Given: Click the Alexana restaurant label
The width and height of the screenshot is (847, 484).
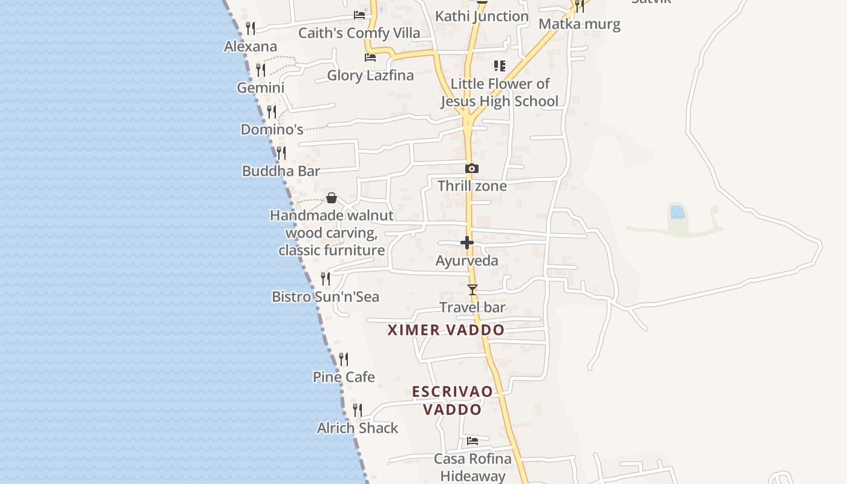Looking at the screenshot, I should (250, 47).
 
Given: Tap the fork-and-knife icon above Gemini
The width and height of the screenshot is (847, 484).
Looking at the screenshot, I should (261, 70).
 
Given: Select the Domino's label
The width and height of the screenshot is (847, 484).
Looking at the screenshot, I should (272, 129).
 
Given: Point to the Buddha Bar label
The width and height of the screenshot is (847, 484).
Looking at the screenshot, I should (281, 171).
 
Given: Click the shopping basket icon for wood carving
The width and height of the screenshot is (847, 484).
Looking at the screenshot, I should (332, 198).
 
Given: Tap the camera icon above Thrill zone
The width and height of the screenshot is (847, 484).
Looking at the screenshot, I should (472, 169).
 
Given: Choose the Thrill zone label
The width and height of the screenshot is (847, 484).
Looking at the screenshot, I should (472, 186).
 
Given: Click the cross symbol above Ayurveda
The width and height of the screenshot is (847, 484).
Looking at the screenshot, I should (467, 243).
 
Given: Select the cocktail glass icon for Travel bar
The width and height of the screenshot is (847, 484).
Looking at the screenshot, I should (473, 290).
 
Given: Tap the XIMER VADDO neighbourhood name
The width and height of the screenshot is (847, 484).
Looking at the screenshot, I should (446, 330).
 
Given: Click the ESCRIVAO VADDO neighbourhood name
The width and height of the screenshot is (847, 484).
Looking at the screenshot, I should (453, 401).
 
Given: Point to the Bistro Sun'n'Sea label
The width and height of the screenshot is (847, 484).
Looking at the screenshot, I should (325, 297).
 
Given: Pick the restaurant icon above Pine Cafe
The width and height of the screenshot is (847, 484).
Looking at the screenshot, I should (344, 359).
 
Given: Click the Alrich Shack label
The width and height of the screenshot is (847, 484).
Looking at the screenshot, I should (358, 428).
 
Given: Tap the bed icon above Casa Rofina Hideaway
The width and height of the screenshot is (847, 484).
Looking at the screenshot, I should (473, 441).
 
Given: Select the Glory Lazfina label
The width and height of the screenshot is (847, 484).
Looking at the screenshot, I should (370, 76).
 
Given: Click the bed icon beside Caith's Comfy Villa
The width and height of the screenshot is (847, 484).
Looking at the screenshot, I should (360, 15).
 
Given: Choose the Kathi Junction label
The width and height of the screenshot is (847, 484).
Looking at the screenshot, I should (482, 16).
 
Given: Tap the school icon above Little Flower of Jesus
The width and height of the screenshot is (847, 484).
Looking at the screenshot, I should (500, 66).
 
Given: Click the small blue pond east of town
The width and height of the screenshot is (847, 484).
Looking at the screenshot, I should (678, 212).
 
